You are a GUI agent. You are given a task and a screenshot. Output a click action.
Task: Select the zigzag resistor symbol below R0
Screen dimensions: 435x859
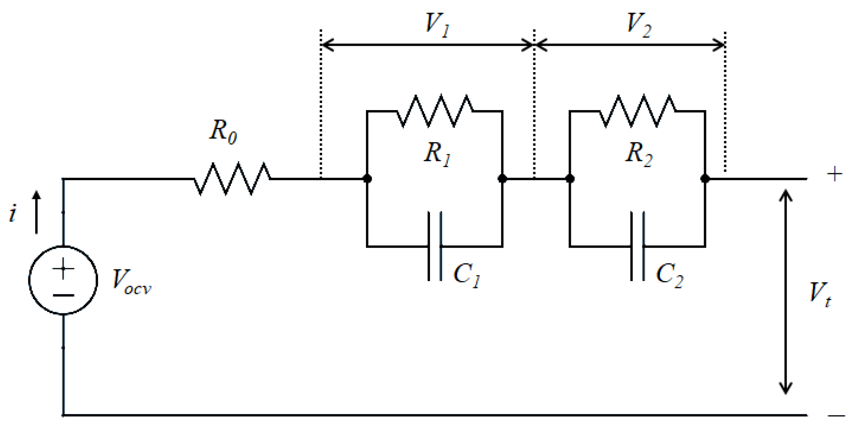point(232,179)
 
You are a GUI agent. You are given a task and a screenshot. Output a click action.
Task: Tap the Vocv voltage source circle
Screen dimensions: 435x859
point(63,280)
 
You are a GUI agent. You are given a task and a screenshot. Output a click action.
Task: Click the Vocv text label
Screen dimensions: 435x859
point(131,282)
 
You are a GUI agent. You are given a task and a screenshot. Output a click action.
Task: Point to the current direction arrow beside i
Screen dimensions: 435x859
point(36,212)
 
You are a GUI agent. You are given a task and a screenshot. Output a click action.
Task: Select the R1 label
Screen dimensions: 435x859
point(437,154)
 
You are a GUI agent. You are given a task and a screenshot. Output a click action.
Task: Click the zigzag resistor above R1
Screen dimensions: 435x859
point(435,111)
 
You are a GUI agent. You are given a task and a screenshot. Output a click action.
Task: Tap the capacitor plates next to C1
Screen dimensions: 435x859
point(435,246)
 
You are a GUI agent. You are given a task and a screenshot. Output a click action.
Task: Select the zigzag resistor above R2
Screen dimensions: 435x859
point(637,111)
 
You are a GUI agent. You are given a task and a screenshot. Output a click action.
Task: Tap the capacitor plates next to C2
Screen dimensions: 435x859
point(637,246)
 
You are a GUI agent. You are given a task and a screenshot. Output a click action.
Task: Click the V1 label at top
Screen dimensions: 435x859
point(437,25)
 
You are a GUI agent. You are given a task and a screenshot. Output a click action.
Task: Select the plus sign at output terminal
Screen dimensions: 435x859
point(835,174)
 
